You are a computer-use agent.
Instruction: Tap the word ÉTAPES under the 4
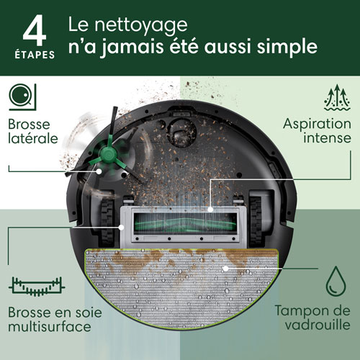tap(35, 53)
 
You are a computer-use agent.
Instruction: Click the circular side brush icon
tap(22, 95)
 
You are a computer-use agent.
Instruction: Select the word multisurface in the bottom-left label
tap(50, 327)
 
